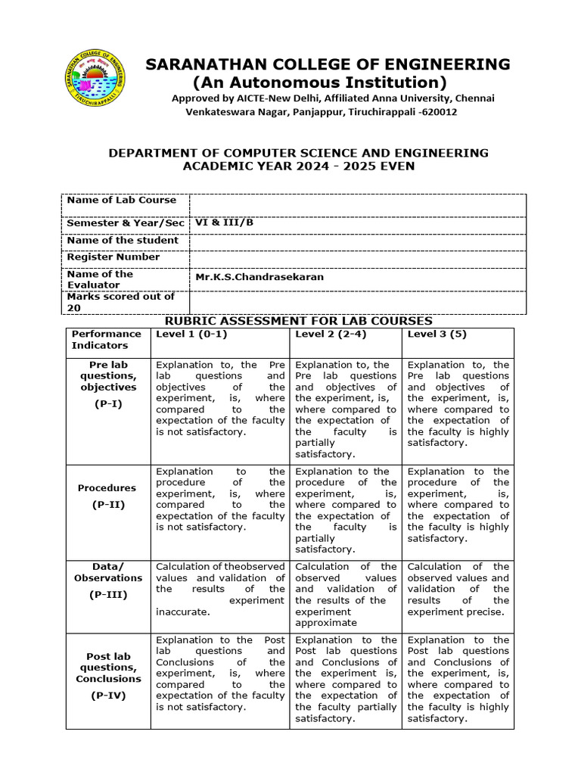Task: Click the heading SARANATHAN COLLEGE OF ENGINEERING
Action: pyautogui.click(x=328, y=64)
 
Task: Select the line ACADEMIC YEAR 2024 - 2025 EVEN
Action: pyautogui.click(x=300, y=166)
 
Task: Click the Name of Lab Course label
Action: pyautogui.click(x=122, y=201)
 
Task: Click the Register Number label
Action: pyautogui.click(x=113, y=257)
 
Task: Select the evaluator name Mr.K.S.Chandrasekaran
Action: pyautogui.click(x=259, y=277)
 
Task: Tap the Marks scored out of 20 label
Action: pyautogui.click(x=121, y=302)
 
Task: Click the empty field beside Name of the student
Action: pyautogui.click(x=357, y=241)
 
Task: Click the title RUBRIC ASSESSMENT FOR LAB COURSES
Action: pyautogui.click(x=298, y=322)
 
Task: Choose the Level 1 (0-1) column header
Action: pyautogui.click(x=191, y=334)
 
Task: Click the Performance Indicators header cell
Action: pyautogui.click(x=106, y=339)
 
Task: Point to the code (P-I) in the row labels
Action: pyautogui.click(x=107, y=404)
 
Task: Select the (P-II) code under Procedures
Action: pyautogui.click(x=107, y=505)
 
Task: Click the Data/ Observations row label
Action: pyautogui.click(x=107, y=572)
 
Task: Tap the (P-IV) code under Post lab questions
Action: pyautogui.click(x=107, y=695)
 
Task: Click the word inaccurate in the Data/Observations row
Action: pyautogui.click(x=182, y=612)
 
